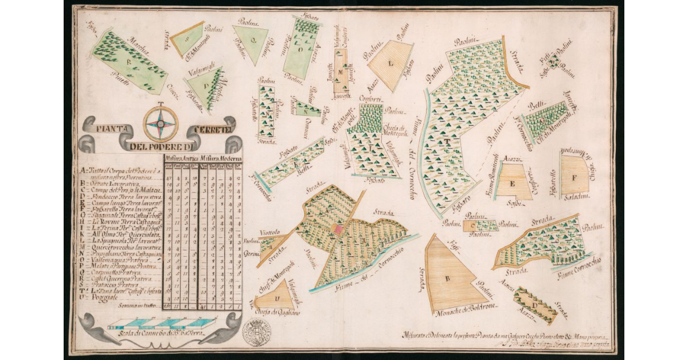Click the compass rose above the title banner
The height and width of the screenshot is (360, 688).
pos(161,124)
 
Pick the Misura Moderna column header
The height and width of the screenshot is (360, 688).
pos(221,158)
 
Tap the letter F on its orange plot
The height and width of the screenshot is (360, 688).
pos(573,175)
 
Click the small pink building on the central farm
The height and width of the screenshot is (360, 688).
pos(338,229)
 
